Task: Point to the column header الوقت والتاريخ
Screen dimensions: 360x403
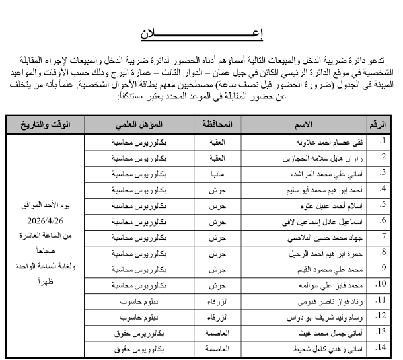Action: [x=46, y=124]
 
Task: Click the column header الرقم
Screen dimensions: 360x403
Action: [x=379, y=124]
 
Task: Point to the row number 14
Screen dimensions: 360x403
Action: [x=380, y=347]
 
